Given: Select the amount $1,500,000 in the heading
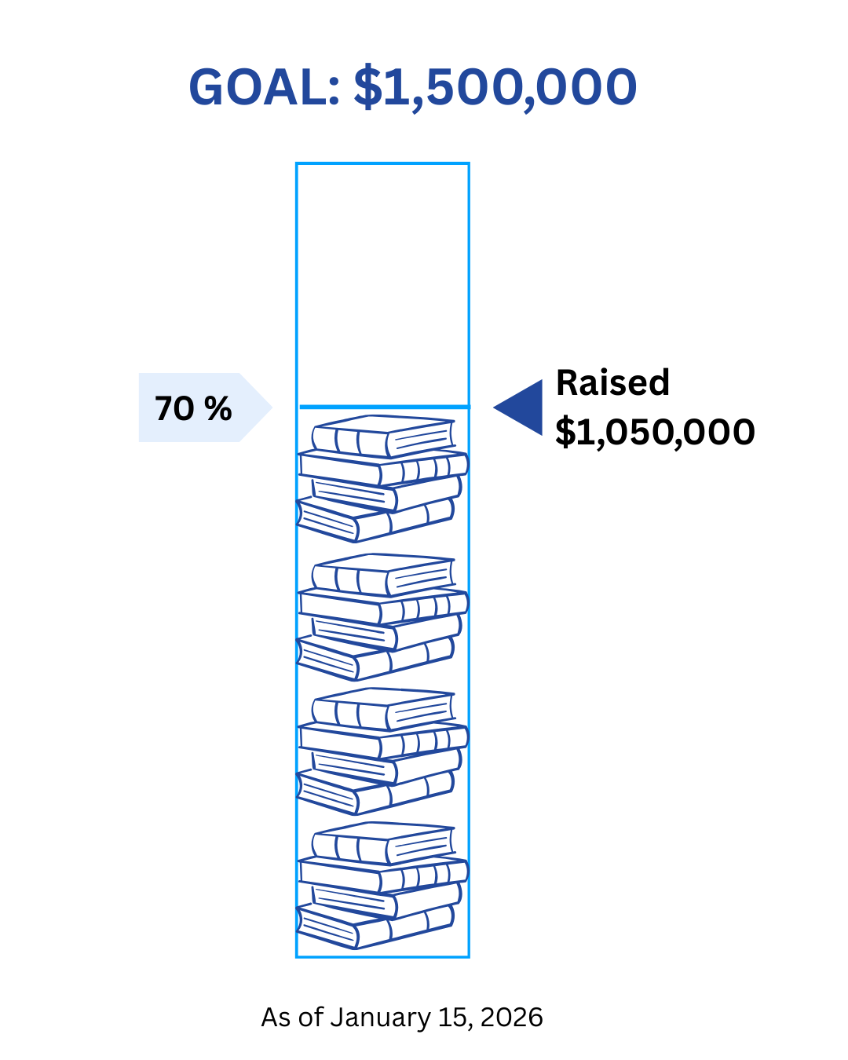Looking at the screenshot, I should [495, 87].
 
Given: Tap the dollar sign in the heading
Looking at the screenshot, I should [367, 87].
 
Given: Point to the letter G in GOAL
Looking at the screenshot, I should [207, 87].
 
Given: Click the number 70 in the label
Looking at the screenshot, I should [174, 409].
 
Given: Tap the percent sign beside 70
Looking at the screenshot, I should [217, 409].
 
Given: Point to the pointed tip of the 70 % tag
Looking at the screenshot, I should [271, 408].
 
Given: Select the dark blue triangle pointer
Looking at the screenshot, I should [522, 407].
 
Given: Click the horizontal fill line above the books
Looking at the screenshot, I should [383, 407].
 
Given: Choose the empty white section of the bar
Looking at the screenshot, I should [382, 283].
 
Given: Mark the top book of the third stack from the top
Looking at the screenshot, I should [383, 709].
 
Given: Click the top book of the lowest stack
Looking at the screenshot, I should [383, 843].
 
